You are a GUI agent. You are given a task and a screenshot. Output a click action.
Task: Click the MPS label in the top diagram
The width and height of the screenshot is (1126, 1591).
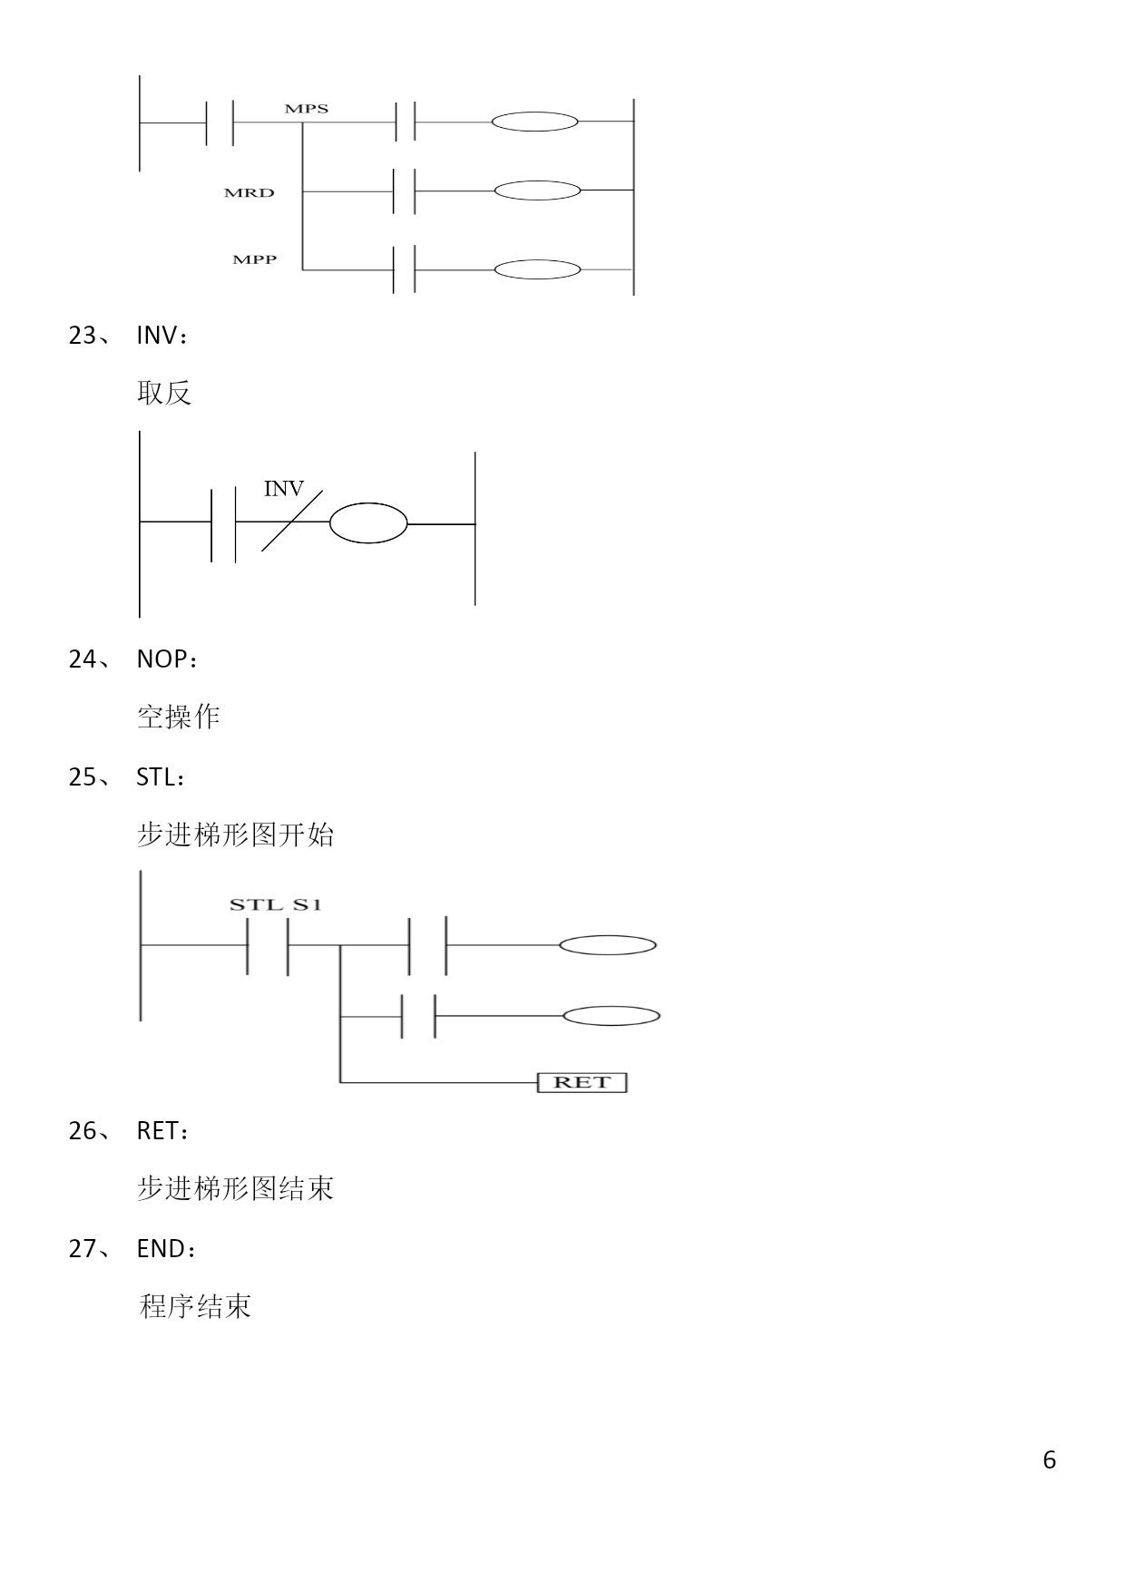(306, 109)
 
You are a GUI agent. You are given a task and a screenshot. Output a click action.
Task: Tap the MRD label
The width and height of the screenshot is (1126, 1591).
(249, 193)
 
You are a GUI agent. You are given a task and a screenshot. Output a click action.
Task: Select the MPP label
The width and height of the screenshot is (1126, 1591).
(254, 259)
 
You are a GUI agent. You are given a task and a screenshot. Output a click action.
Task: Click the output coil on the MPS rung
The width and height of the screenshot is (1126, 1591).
(534, 122)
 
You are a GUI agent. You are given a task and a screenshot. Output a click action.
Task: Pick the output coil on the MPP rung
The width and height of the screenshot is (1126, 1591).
(537, 269)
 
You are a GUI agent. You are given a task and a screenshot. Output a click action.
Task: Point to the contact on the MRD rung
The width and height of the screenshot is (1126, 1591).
(405, 191)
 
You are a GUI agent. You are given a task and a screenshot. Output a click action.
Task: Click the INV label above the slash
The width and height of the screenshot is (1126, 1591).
(283, 489)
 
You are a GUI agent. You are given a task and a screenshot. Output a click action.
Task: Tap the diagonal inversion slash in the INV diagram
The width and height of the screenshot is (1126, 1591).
(291, 521)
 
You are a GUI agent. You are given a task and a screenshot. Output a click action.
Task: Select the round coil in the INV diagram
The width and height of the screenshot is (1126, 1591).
(368, 523)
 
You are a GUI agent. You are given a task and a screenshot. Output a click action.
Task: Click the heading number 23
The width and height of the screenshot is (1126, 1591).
(83, 336)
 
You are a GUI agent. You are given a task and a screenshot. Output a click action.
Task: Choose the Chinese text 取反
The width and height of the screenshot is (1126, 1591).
(164, 393)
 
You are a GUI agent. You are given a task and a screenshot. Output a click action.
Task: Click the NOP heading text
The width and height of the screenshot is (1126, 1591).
(162, 659)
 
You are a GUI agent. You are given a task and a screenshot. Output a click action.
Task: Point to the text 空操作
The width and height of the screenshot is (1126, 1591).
(179, 717)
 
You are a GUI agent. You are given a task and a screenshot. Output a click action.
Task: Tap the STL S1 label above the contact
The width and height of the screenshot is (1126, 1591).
(275, 904)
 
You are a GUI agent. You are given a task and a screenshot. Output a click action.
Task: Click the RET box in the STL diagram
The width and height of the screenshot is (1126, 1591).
(582, 1082)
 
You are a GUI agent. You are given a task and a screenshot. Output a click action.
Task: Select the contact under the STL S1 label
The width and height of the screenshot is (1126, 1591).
(268, 945)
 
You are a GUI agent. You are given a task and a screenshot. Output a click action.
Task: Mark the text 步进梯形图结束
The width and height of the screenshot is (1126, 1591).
(236, 1187)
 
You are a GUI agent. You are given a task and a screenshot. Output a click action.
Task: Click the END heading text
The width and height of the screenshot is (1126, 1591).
(162, 1249)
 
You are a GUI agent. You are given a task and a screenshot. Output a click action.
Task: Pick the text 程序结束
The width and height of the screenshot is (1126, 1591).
(195, 1306)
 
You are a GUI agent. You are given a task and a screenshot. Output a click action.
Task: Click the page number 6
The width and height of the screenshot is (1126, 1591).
(1050, 1459)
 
